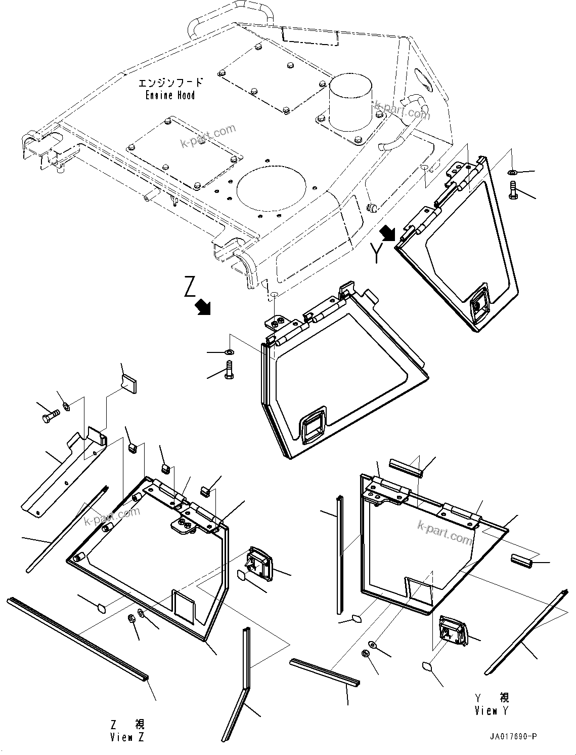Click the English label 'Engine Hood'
pyautogui.click(x=170, y=95)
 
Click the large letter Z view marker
pyautogui.click(x=190, y=287)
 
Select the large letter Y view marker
pyautogui.click(x=376, y=252)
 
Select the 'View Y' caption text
pyautogui.click(x=492, y=704)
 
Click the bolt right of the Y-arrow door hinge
pyautogui.click(x=514, y=190)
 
